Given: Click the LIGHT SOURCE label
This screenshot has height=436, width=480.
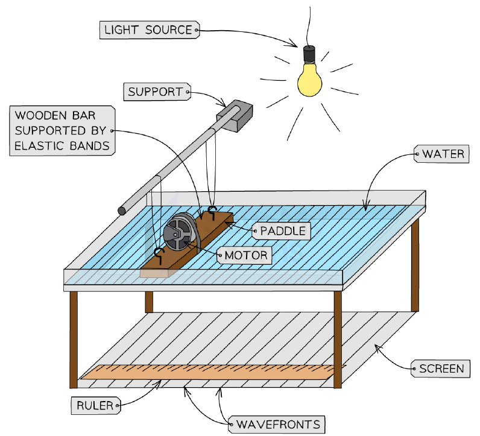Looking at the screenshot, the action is [150, 30].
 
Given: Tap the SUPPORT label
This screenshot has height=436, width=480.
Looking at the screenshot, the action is [157, 92].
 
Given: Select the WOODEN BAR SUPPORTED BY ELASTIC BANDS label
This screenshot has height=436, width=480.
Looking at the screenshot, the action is [62, 131].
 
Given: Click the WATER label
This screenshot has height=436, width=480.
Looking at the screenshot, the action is [442, 154].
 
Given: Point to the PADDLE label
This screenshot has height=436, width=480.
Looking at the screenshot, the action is [282, 231].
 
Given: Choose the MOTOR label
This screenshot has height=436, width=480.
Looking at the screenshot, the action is [245, 255].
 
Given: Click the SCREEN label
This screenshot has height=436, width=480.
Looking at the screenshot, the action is [441, 368].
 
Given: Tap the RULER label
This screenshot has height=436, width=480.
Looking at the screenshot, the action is [96, 406].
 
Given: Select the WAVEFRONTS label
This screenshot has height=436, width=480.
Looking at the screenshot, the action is [277, 425].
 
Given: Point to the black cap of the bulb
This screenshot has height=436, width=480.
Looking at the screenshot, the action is [309, 54].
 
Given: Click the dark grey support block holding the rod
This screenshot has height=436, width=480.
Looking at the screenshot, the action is [235, 116].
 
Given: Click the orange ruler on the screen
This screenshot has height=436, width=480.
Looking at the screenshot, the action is [213, 372].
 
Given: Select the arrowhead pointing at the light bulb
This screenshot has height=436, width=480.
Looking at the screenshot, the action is [292, 43].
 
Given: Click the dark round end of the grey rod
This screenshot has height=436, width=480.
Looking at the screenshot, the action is [122, 210].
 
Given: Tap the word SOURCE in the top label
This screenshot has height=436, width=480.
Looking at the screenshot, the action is [168, 30].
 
